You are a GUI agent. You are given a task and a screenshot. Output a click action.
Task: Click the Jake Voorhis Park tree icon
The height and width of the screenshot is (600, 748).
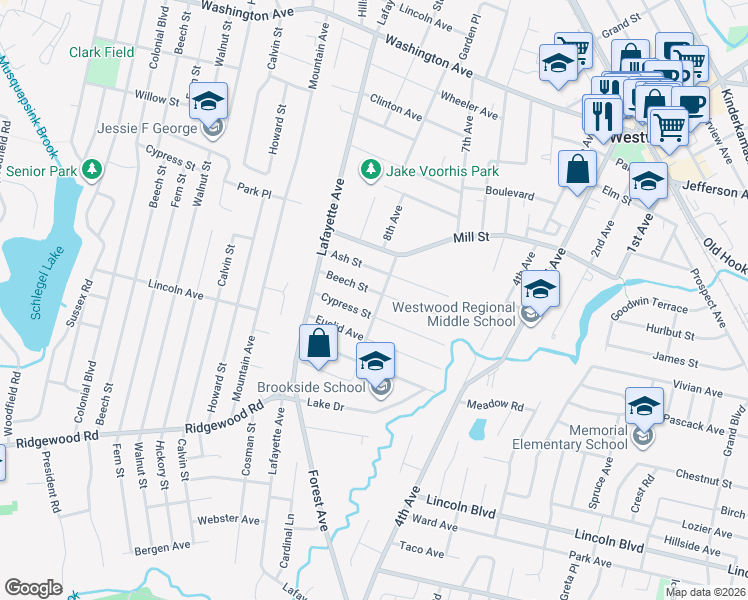coord(371,167)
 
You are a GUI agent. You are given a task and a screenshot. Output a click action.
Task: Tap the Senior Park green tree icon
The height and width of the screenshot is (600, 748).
coord(92,169)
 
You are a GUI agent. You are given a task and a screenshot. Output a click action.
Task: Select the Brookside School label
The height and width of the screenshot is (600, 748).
coord(311,387)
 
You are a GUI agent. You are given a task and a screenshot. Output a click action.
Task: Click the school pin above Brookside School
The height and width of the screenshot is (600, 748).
coord(375,361)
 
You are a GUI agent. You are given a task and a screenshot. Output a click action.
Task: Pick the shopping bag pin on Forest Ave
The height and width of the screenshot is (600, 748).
coord(317,344)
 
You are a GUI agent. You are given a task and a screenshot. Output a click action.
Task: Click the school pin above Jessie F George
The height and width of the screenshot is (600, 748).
coord(209,102)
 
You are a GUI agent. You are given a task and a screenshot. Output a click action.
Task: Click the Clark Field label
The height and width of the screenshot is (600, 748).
coord(101,52)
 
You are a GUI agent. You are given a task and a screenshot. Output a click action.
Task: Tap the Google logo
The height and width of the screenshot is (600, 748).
coord(33,588)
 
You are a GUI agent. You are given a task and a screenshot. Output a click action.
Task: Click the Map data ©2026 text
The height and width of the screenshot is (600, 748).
coord(706,592)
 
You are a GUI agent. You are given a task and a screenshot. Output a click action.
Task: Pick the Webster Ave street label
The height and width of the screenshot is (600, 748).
coord(221,519)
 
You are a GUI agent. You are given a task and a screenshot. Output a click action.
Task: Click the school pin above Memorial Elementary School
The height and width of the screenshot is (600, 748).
coord(644,406)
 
